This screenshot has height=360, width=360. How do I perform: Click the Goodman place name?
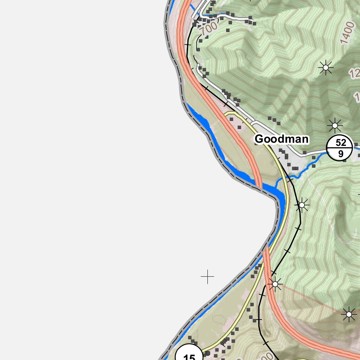click(281, 139)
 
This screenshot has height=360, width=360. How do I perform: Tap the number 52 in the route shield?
click(341, 142)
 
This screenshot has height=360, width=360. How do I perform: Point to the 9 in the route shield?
click(340, 154)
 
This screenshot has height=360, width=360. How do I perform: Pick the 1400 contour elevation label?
click(348, 32)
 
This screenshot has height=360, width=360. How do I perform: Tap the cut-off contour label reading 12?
click(354, 73)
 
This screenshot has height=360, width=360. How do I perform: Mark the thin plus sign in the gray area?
click(207, 277)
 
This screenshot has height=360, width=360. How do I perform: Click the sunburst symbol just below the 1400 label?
click(326, 67)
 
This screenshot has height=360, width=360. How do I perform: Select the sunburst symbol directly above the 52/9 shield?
click(335, 125)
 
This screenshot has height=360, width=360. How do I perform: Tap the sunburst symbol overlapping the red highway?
click(275, 284)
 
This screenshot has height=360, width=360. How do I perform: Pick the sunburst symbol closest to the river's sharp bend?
click(301, 205)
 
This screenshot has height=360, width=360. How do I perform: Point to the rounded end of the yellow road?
click(230, 113)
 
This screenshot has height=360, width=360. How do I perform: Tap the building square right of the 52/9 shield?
click(356, 144)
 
